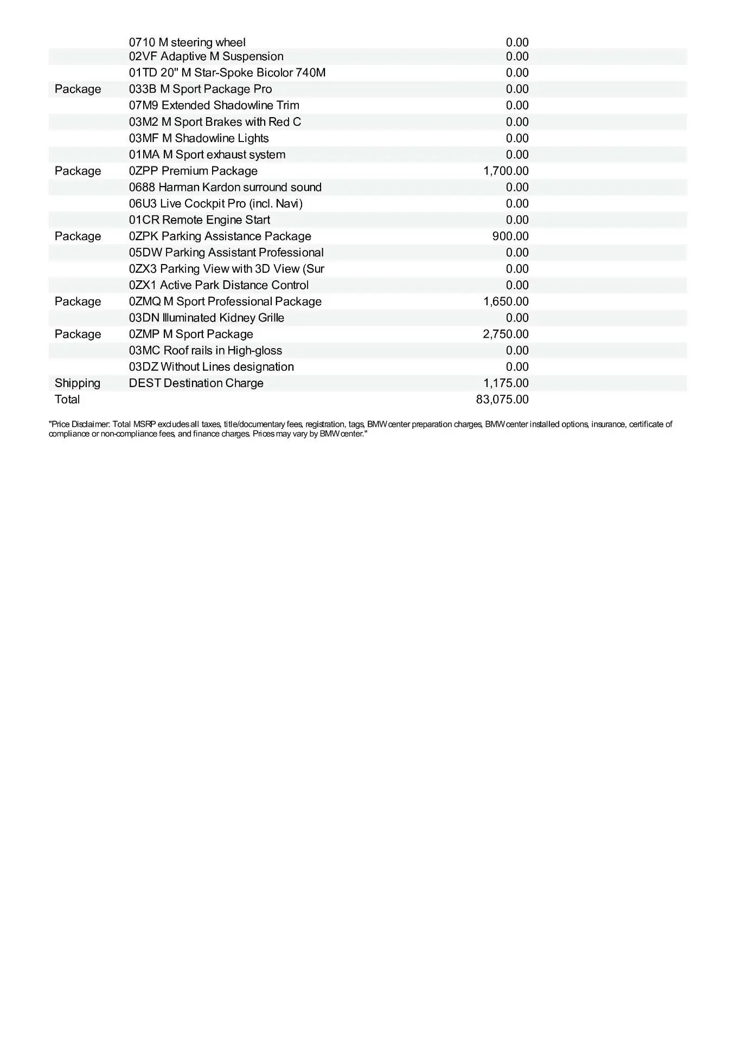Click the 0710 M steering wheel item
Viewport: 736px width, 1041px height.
click(187, 42)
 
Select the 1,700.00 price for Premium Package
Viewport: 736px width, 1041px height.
click(505, 171)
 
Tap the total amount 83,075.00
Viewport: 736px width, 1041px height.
click(502, 400)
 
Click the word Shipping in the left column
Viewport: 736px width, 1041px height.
click(78, 383)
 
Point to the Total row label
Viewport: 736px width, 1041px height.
click(67, 400)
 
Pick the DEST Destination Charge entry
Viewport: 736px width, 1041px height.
click(196, 383)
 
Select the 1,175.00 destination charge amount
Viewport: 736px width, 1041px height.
click(505, 383)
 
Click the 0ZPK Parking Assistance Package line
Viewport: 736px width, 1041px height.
click(220, 236)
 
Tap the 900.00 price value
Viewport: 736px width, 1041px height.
click(510, 236)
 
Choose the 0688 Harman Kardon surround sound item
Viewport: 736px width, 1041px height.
click(225, 188)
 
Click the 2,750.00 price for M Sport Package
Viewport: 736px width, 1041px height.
click(505, 334)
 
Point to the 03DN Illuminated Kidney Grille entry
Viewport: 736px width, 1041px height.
click(206, 318)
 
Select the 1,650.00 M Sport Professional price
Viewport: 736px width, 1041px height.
click(505, 301)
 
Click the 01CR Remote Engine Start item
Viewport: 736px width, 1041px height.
click(199, 220)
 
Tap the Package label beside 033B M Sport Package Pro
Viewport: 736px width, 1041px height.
click(78, 89)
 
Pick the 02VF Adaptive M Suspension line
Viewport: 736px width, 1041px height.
click(206, 56)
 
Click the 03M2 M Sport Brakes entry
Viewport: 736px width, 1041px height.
click(215, 122)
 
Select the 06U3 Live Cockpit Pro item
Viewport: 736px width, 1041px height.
click(215, 204)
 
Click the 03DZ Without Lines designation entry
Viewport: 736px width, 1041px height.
click(211, 367)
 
